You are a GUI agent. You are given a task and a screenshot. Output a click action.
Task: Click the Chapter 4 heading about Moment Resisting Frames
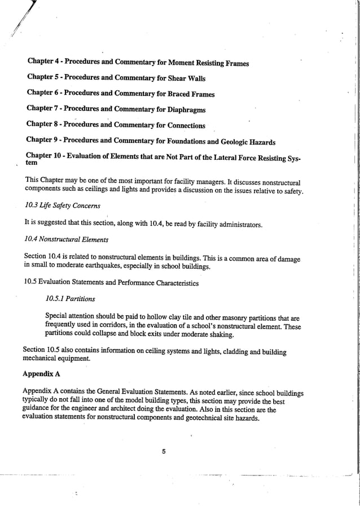[138, 62]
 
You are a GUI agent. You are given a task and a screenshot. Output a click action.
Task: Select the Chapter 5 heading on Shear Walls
[116, 78]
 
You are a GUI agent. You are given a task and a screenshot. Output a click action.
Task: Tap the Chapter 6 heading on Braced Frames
[120, 94]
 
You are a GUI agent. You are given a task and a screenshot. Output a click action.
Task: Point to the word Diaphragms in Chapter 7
[185, 109]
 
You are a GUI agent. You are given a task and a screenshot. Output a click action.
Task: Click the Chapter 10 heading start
[45, 156]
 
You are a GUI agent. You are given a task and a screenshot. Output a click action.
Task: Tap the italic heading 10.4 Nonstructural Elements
[67, 239]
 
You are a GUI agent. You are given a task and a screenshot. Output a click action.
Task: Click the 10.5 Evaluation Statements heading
[111, 283]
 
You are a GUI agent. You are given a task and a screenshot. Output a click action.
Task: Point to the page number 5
[163, 450]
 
